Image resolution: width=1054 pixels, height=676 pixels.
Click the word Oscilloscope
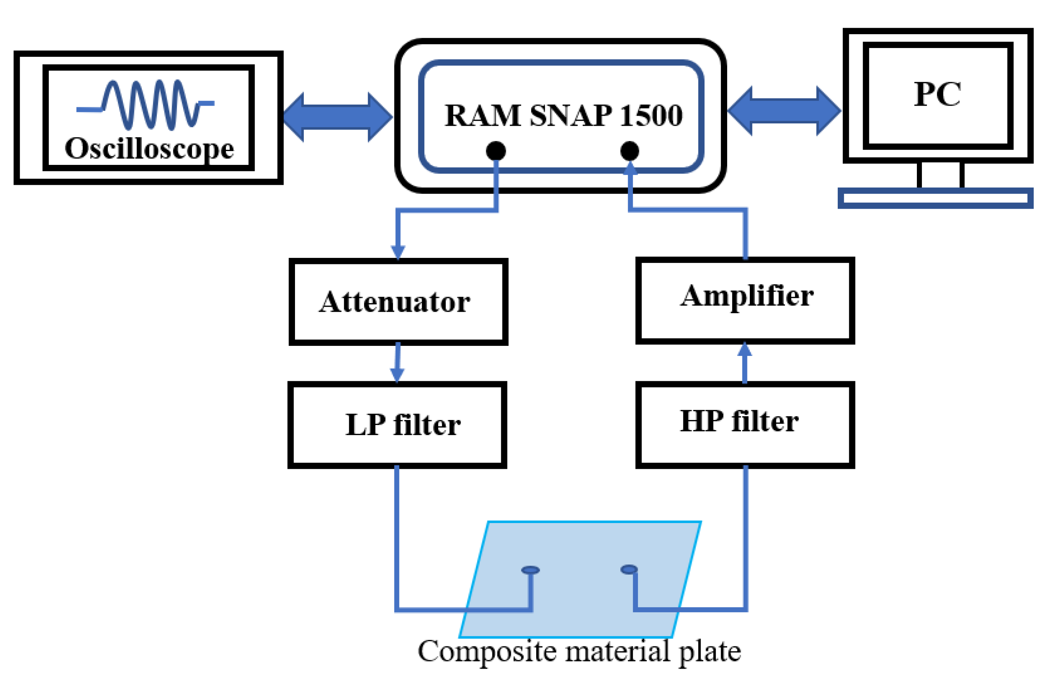[149, 149]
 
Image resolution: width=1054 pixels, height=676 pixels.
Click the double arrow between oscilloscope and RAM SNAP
[337, 117]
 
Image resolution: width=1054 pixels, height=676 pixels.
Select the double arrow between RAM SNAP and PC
[784, 111]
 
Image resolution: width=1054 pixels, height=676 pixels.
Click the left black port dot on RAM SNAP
[496, 151]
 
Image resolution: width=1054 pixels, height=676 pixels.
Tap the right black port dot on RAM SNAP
[630, 151]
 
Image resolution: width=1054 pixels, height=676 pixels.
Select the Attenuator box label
[395, 302]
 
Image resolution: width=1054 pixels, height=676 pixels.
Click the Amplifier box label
[747, 296]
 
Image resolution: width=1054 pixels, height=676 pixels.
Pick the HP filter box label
[739, 422]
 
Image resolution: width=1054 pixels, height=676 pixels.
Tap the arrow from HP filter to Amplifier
[745, 362]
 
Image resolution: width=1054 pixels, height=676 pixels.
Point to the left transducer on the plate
[530, 570]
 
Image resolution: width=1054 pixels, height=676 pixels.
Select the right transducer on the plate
[629, 569]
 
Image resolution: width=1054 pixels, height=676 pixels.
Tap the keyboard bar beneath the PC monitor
[935, 198]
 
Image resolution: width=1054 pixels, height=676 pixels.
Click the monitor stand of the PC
[940, 175]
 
